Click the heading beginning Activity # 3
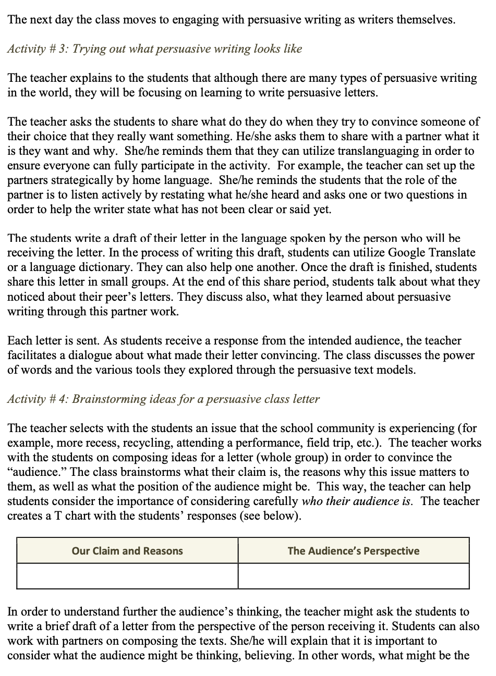[155, 49]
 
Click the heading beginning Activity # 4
[164, 399]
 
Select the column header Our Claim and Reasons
[127, 551]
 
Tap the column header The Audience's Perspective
[353, 551]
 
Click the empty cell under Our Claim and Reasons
[127, 576]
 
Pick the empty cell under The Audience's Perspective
[353, 576]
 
